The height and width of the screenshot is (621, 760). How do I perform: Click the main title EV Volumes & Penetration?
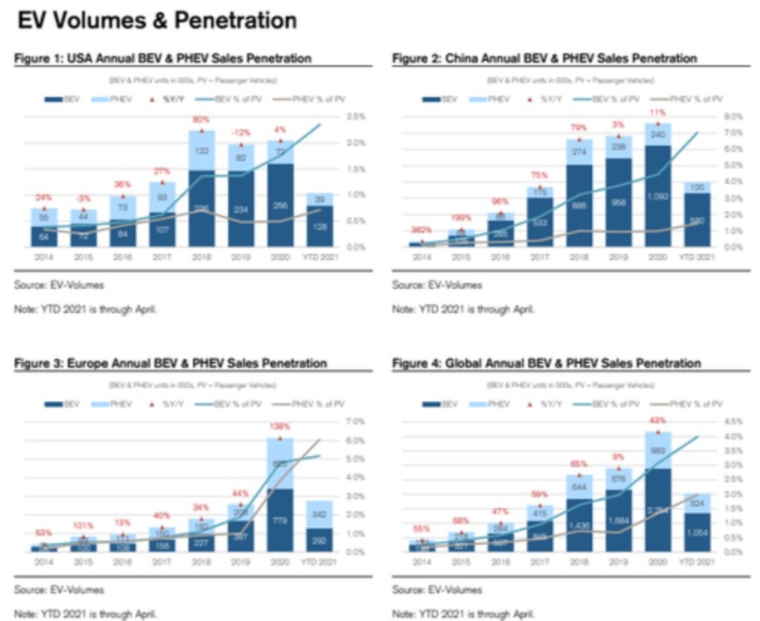[157, 20]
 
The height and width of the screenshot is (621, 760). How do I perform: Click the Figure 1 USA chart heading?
[163, 58]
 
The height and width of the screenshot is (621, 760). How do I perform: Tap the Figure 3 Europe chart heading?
[171, 363]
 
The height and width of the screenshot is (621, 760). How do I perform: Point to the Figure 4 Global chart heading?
[546, 363]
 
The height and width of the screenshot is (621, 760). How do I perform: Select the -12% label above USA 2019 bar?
[241, 132]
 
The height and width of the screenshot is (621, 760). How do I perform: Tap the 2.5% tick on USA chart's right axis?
[356, 117]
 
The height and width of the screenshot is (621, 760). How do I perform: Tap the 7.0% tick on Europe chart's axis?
[356, 421]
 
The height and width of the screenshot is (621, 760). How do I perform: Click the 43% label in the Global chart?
[657, 420]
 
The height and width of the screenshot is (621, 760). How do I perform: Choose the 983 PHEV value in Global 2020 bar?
[657, 450]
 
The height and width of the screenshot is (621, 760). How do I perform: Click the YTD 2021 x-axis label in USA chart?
[320, 256]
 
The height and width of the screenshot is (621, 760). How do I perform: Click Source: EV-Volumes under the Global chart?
[437, 589]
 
